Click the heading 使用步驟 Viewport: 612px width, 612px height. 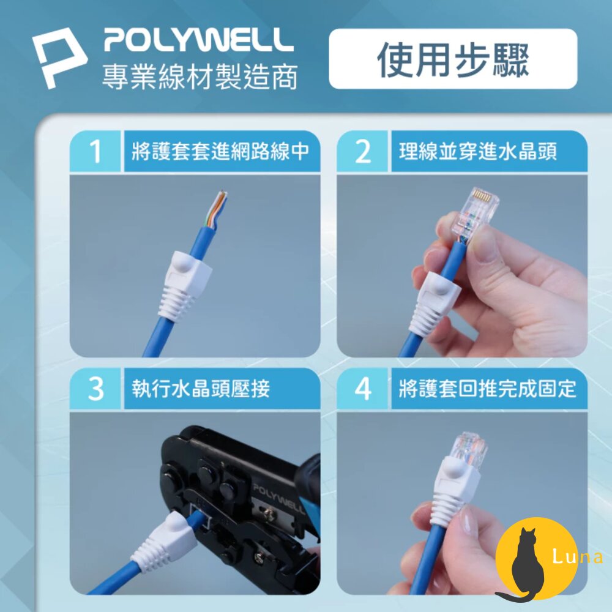(452, 59)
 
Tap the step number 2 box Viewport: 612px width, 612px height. (362, 151)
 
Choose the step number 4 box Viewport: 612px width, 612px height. (362, 389)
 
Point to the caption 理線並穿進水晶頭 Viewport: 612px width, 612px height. (478, 151)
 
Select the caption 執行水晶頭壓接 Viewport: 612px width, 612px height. (201, 389)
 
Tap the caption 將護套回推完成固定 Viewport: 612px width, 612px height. (487, 389)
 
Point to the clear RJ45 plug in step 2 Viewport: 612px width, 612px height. (475, 212)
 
